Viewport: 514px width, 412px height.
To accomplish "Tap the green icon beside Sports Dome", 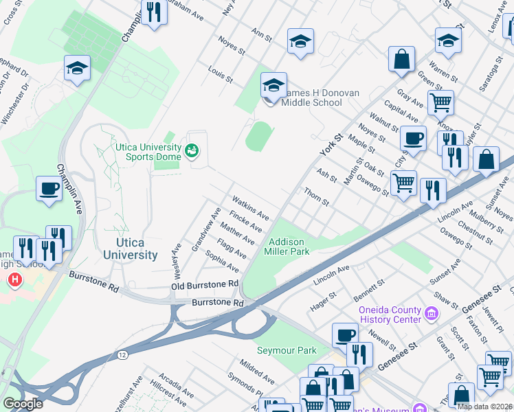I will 192,149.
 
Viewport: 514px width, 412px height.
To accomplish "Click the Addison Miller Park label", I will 289,247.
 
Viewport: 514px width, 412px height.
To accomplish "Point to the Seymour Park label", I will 287,350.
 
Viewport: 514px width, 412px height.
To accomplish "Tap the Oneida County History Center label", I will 390,314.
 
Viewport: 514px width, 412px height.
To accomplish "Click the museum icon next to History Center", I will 431,314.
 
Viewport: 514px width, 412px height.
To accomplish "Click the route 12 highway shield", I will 122,354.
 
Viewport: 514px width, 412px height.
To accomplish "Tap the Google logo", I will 23,404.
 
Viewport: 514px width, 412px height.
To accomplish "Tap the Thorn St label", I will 317,197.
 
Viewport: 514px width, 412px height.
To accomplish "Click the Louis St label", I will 221,76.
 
